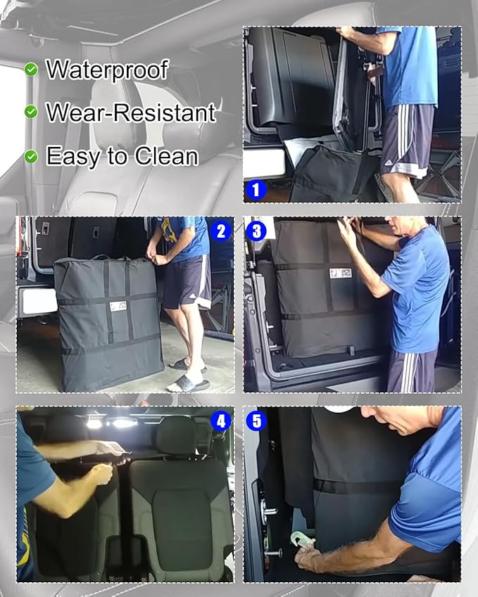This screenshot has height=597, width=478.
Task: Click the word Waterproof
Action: coord(107,70)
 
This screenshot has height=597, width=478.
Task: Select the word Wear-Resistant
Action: coord(131,113)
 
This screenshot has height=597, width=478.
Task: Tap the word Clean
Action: coord(166,156)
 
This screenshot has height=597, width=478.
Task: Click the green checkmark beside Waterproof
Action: coord(31,70)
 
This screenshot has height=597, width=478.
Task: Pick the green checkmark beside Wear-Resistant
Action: coord(31,112)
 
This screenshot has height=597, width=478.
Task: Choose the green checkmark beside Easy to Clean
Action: coord(31,156)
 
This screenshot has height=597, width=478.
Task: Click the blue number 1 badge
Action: coord(256,190)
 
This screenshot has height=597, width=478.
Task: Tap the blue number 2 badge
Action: coord(221,231)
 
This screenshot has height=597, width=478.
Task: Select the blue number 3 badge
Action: coord(256,231)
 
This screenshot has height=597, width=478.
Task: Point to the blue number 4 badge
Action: coord(221,421)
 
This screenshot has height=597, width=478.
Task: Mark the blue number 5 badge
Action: coord(256,421)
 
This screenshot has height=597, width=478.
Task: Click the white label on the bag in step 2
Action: coord(118,306)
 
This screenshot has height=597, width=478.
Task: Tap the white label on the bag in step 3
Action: coord(341,273)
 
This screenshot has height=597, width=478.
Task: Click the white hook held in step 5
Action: coord(302,539)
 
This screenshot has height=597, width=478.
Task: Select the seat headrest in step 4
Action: coord(176,435)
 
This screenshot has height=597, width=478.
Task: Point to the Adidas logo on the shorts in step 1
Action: coord(389,162)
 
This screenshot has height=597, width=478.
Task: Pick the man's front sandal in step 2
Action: coord(188,383)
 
